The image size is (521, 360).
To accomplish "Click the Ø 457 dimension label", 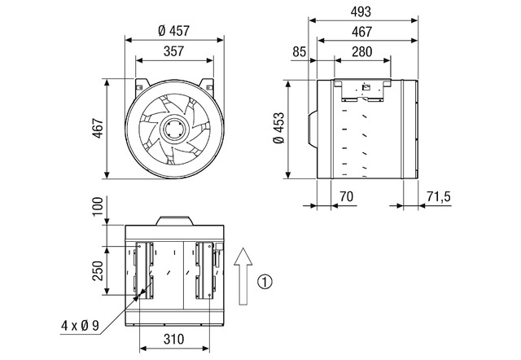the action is click(x=173, y=31).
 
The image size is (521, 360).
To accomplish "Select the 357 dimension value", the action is click(x=173, y=51).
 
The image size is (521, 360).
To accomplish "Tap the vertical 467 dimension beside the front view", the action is click(x=98, y=128).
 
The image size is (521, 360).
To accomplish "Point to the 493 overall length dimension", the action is click(x=361, y=11).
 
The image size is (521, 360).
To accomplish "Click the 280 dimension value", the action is click(x=361, y=51).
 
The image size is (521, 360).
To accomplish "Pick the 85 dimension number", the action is click(x=299, y=52).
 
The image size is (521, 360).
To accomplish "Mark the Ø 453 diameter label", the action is click(x=278, y=128).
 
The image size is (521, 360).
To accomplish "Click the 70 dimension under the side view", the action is click(x=346, y=196).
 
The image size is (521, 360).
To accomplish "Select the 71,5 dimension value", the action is click(x=439, y=196).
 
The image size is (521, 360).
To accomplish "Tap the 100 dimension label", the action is click(x=98, y=206).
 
